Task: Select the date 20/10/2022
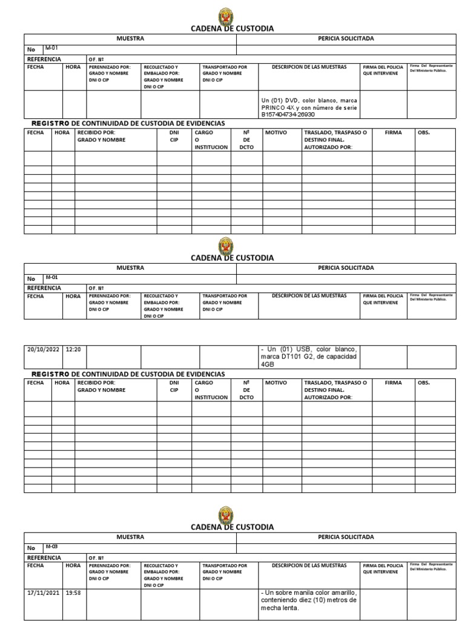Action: click(41, 349)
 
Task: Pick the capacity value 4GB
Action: click(268, 365)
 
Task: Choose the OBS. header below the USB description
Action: click(423, 383)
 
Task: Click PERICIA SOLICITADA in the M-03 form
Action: click(346, 537)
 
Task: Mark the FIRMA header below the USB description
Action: click(394, 383)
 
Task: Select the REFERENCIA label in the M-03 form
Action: click(44, 557)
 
